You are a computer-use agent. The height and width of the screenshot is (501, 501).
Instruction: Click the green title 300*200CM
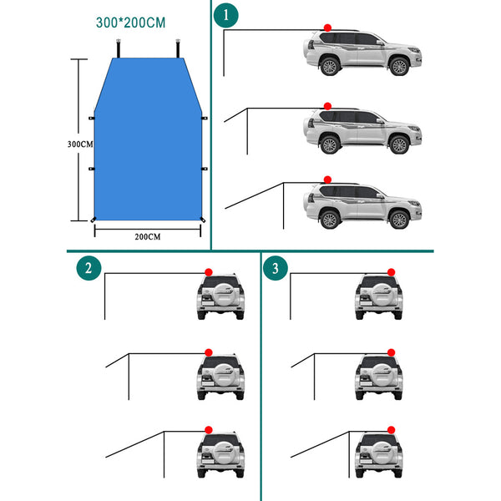click(x=131, y=23)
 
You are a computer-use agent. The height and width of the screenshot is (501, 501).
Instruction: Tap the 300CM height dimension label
click(x=80, y=144)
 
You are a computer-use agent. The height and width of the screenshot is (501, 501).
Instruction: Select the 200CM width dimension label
click(x=147, y=237)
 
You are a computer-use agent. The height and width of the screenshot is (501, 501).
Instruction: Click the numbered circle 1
click(x=226, y=15)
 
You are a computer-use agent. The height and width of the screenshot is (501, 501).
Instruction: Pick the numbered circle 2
click(x=89, y=268)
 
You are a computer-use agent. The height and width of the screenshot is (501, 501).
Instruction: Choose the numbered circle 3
click(x=275, y=268)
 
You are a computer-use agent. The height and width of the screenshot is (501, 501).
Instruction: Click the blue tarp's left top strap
click(x=119, y=48)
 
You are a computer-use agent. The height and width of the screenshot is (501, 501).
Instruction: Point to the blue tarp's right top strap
click(x=178, y=48)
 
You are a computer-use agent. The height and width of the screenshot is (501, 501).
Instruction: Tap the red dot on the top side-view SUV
click(x=327, y=28)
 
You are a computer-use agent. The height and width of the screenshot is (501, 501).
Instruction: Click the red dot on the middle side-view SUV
click(x=327, y=106)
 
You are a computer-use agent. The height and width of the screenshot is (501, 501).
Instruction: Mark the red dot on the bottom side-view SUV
click(x=327, y=180)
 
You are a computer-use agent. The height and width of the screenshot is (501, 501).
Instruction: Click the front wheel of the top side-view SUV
click(x=399, y=67)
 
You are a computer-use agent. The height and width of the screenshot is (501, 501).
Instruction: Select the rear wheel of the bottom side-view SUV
click(x=330, y=220)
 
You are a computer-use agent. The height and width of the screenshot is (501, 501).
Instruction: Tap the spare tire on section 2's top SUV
click(x=223, y=294)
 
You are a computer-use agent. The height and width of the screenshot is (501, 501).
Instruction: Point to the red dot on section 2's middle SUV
click(x=209, y=352)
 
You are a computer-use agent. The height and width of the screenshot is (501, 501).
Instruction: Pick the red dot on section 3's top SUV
click(x=391, y=272)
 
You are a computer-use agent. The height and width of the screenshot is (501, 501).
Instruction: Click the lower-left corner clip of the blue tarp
click(x=93, y=220)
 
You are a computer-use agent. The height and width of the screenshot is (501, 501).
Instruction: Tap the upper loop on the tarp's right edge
click(x=205, y=119)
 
